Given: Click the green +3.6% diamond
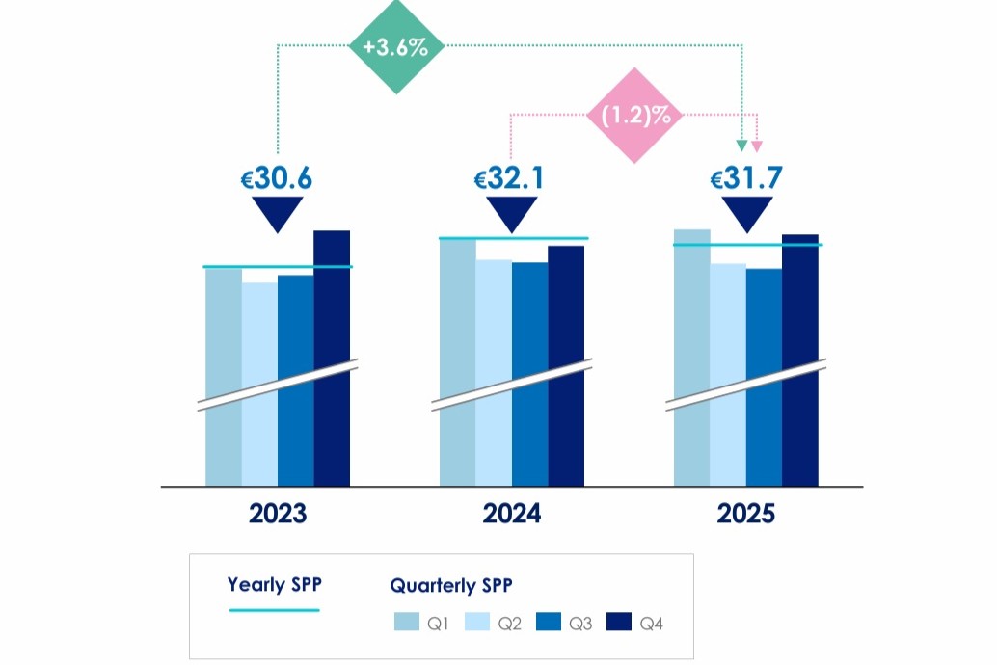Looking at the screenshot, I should point(396,46).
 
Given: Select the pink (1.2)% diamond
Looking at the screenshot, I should point(635,116).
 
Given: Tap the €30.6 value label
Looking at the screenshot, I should point(278,178).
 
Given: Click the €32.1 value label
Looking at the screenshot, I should point(511,178).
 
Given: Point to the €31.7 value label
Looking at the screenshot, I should point(746,178).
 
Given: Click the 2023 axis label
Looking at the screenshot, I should point(278,514).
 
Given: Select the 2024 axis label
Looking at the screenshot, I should point(512,514).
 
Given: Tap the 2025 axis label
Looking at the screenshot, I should point(746,514).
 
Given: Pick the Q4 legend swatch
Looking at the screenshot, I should point(619,624).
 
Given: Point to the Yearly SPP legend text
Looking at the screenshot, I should point(274,584).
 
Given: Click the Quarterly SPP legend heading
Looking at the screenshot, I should point(451,585).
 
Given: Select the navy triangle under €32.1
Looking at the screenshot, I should point(511,212).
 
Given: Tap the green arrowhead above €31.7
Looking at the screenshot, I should point(741,146).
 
